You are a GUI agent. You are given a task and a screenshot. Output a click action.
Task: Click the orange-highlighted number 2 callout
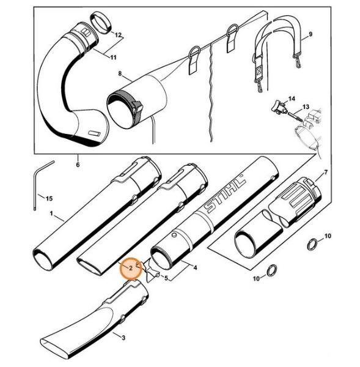(x=131, y=269)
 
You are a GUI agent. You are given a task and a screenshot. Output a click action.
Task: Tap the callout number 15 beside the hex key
(x=49, y=199)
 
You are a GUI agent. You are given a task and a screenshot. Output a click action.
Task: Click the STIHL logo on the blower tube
(x=225, y=193)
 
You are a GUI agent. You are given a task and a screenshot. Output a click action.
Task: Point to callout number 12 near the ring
(x=118, y=35)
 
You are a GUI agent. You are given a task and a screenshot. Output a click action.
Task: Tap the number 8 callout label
(x=120, y=73)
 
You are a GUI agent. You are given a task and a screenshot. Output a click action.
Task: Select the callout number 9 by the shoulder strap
(x=310, y=34)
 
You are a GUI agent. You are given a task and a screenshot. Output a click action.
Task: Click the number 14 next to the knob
(x=292, y=98)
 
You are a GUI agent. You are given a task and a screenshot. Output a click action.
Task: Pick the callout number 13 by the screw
(x=306, y=106)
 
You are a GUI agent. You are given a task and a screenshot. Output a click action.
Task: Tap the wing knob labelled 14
(x=278, y=106)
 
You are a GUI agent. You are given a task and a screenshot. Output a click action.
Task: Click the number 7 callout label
(x=326, y=172)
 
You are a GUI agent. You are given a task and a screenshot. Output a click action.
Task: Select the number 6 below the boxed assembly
(x=78, y=165)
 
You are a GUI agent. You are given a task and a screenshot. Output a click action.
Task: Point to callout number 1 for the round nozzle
(x=51, y=213)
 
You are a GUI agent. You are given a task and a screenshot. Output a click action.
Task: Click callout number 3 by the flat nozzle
(x=123, y=338)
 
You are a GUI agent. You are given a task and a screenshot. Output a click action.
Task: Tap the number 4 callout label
(x=195, y=267)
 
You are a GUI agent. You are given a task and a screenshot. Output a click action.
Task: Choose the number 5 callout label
(x=166, y=278)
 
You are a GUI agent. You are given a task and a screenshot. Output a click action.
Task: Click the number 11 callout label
(x=113, y=57)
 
